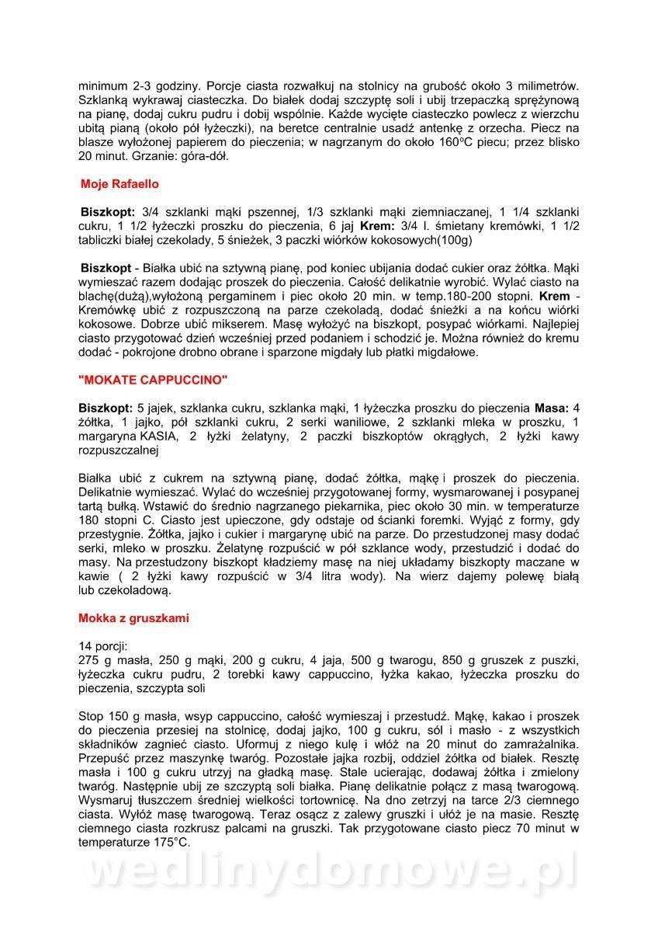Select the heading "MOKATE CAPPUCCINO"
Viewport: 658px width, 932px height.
click(x=154, y=381)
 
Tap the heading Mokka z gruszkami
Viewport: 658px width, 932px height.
click(x=133, y=618)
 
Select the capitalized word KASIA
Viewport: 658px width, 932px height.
click(x=158, y=436)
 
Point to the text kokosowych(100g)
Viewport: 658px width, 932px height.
click(x=410, y=240)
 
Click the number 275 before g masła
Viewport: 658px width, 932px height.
click(x=89, y=660)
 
